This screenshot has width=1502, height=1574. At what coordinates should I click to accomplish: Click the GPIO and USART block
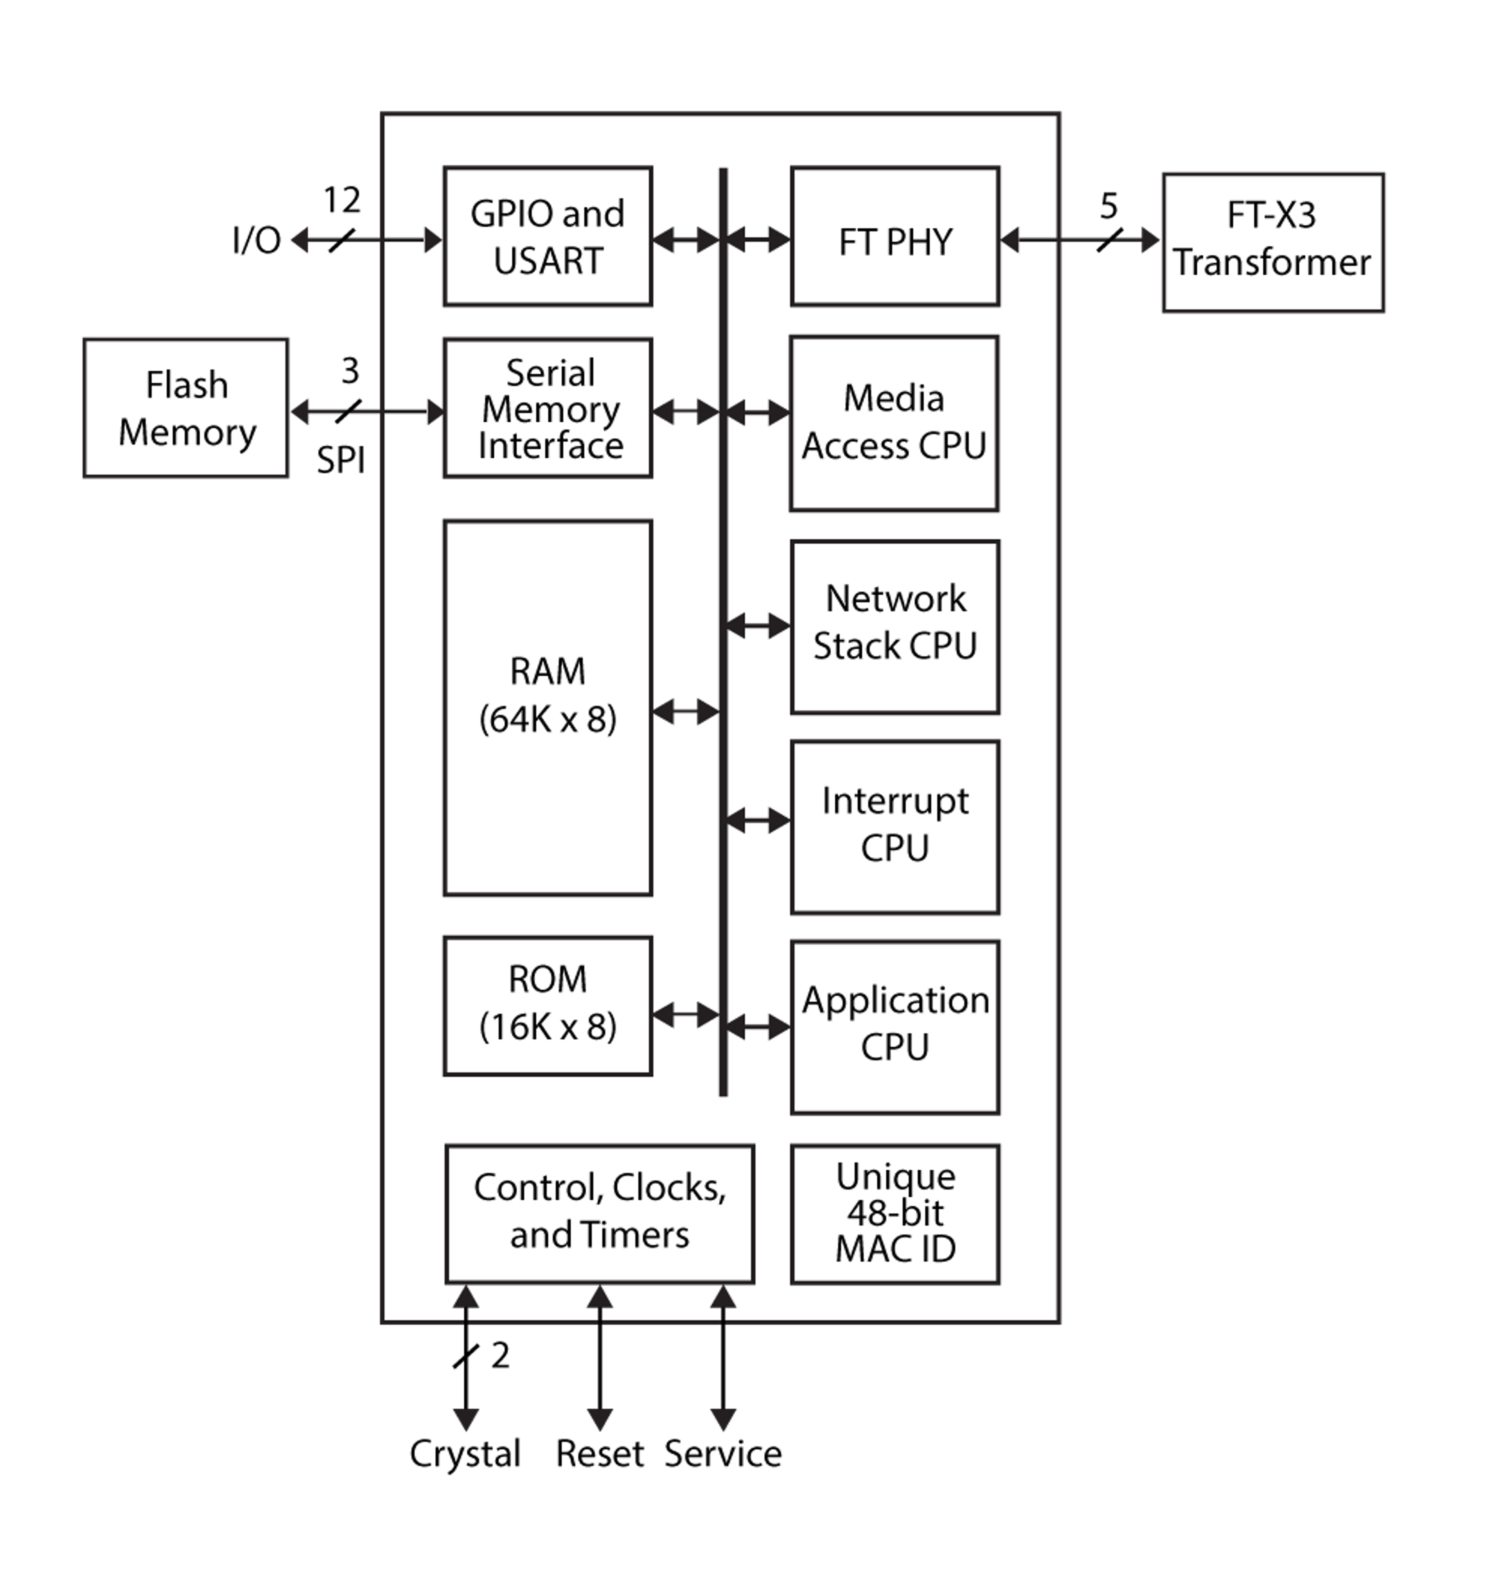coord(548,236)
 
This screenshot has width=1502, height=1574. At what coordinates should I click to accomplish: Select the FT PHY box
coord(894,236)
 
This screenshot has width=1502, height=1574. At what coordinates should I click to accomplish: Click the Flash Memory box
coord(186,408)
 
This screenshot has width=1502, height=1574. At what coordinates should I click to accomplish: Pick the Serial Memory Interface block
coord(548,408)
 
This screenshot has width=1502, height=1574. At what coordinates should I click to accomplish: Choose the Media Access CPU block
coord(893,423)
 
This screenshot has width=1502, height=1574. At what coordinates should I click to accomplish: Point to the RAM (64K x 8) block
coord(548,708)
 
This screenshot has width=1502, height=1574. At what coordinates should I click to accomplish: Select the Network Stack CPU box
coord(894,627)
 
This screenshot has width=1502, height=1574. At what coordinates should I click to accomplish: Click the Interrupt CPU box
coord(894,826)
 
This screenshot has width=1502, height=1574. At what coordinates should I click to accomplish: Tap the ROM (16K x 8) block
coord(548,1006)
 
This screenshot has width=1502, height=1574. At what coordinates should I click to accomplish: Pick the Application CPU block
coord(894,1026)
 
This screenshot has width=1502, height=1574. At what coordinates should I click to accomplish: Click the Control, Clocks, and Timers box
coord(599,1213)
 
